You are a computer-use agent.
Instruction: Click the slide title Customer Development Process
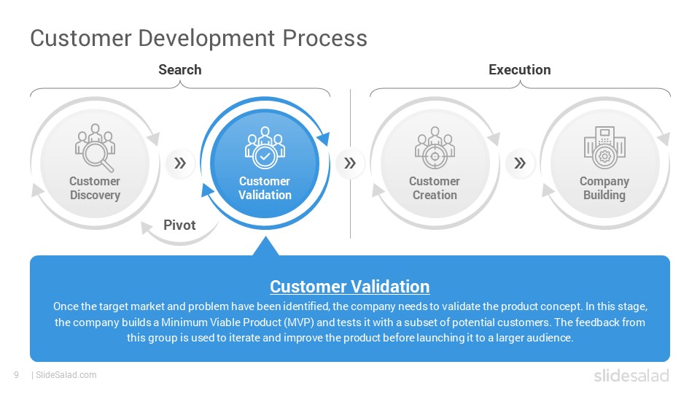[x=198, y=39]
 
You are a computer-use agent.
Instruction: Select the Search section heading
[x=180, y=70]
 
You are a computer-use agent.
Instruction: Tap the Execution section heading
[x=520, y=70]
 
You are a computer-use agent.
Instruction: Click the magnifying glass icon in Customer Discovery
[x=98, y=156]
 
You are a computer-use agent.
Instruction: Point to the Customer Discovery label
[x=95, y=188]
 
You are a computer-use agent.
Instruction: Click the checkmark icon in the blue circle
[x=265, y=157]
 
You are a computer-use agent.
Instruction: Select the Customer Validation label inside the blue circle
[x=265, y=188]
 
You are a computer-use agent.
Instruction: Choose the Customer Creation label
[x=435, y=188]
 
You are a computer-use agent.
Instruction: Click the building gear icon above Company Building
[x=605, y=148]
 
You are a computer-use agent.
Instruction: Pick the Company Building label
[x=604, y=188]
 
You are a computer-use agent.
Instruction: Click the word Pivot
[x=179, y=225]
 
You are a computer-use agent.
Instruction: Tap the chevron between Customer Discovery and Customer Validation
[x=180, y=163]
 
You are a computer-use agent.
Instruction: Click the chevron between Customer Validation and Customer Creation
[x=350, y=163]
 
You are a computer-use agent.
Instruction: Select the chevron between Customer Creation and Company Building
[x=520, y=163]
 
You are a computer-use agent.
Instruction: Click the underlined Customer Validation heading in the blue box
[x=349, y=287]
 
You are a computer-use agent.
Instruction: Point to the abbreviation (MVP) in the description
[x=299, y=322]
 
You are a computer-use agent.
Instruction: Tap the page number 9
[x=17, y=375]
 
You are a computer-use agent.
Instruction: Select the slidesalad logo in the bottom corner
[x=631, y=376]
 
